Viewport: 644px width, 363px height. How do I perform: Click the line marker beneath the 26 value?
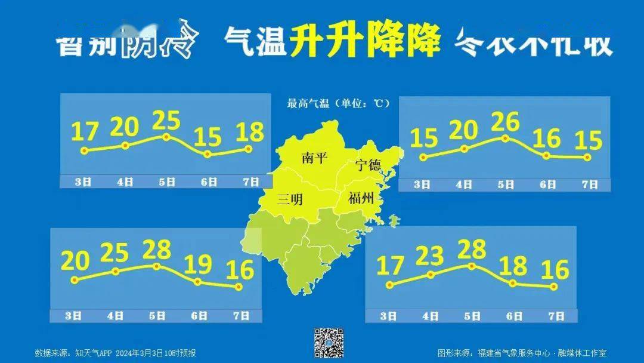506,139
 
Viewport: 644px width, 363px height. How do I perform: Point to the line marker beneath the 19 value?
198,282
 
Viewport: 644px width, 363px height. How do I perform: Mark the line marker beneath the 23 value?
431,275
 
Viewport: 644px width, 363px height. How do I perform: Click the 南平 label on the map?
314,158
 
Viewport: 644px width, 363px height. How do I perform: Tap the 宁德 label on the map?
368,165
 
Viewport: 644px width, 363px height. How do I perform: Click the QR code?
329,343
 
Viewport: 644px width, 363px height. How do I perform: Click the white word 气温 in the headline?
256,42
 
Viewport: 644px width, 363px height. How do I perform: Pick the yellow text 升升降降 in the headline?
366,41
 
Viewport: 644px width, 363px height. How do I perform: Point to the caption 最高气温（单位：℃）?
338,103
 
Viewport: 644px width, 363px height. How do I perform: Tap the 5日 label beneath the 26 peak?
506,184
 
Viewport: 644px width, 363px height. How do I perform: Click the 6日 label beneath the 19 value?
199,316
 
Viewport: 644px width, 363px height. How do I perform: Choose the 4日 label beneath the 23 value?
431,316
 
